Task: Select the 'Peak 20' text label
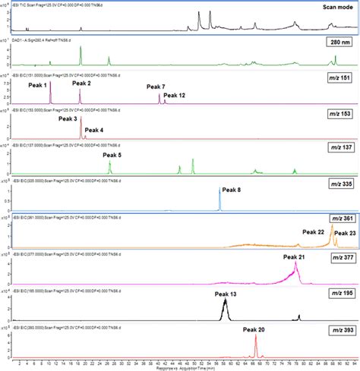[x=255, y=329]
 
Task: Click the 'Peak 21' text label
[x=295, y=257]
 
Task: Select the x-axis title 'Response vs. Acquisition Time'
[x=179, y=366]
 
